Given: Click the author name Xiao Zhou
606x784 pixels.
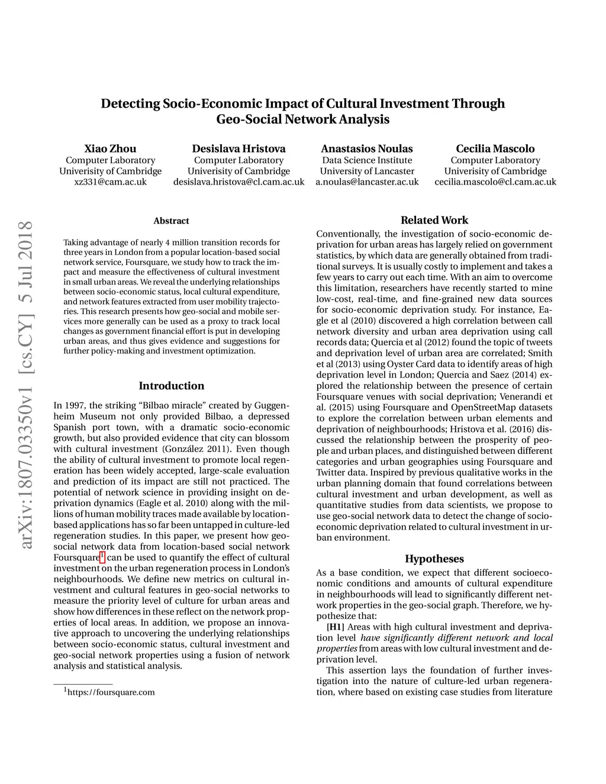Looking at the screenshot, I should (110, 149).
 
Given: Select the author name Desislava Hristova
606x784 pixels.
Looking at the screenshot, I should (238, 149).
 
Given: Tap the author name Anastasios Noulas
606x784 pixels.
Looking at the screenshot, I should (367, 149).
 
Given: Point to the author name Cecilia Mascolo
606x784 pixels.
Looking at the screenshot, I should (495, 149).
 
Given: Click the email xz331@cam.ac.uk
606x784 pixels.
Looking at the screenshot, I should (110, 182).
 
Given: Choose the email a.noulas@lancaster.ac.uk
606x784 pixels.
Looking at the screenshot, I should (367, 182).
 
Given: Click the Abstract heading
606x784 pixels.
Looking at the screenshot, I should (171, 221).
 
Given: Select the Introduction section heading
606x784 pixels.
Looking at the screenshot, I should (171, 386).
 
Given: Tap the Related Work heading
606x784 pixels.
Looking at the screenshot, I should (434, 220).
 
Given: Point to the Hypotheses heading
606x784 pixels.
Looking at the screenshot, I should (434, 559).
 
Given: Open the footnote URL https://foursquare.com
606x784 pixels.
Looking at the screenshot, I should (111, 692).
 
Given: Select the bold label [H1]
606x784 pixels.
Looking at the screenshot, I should (336, 627).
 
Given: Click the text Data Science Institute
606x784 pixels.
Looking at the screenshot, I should (367, 160).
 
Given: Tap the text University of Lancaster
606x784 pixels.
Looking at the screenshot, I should (367, 172).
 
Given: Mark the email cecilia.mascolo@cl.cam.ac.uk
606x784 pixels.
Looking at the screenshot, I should (495, 182).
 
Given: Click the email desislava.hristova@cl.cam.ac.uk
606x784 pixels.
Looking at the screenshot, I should (238, 182).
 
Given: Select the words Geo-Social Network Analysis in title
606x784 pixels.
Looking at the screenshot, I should (303, 120).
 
